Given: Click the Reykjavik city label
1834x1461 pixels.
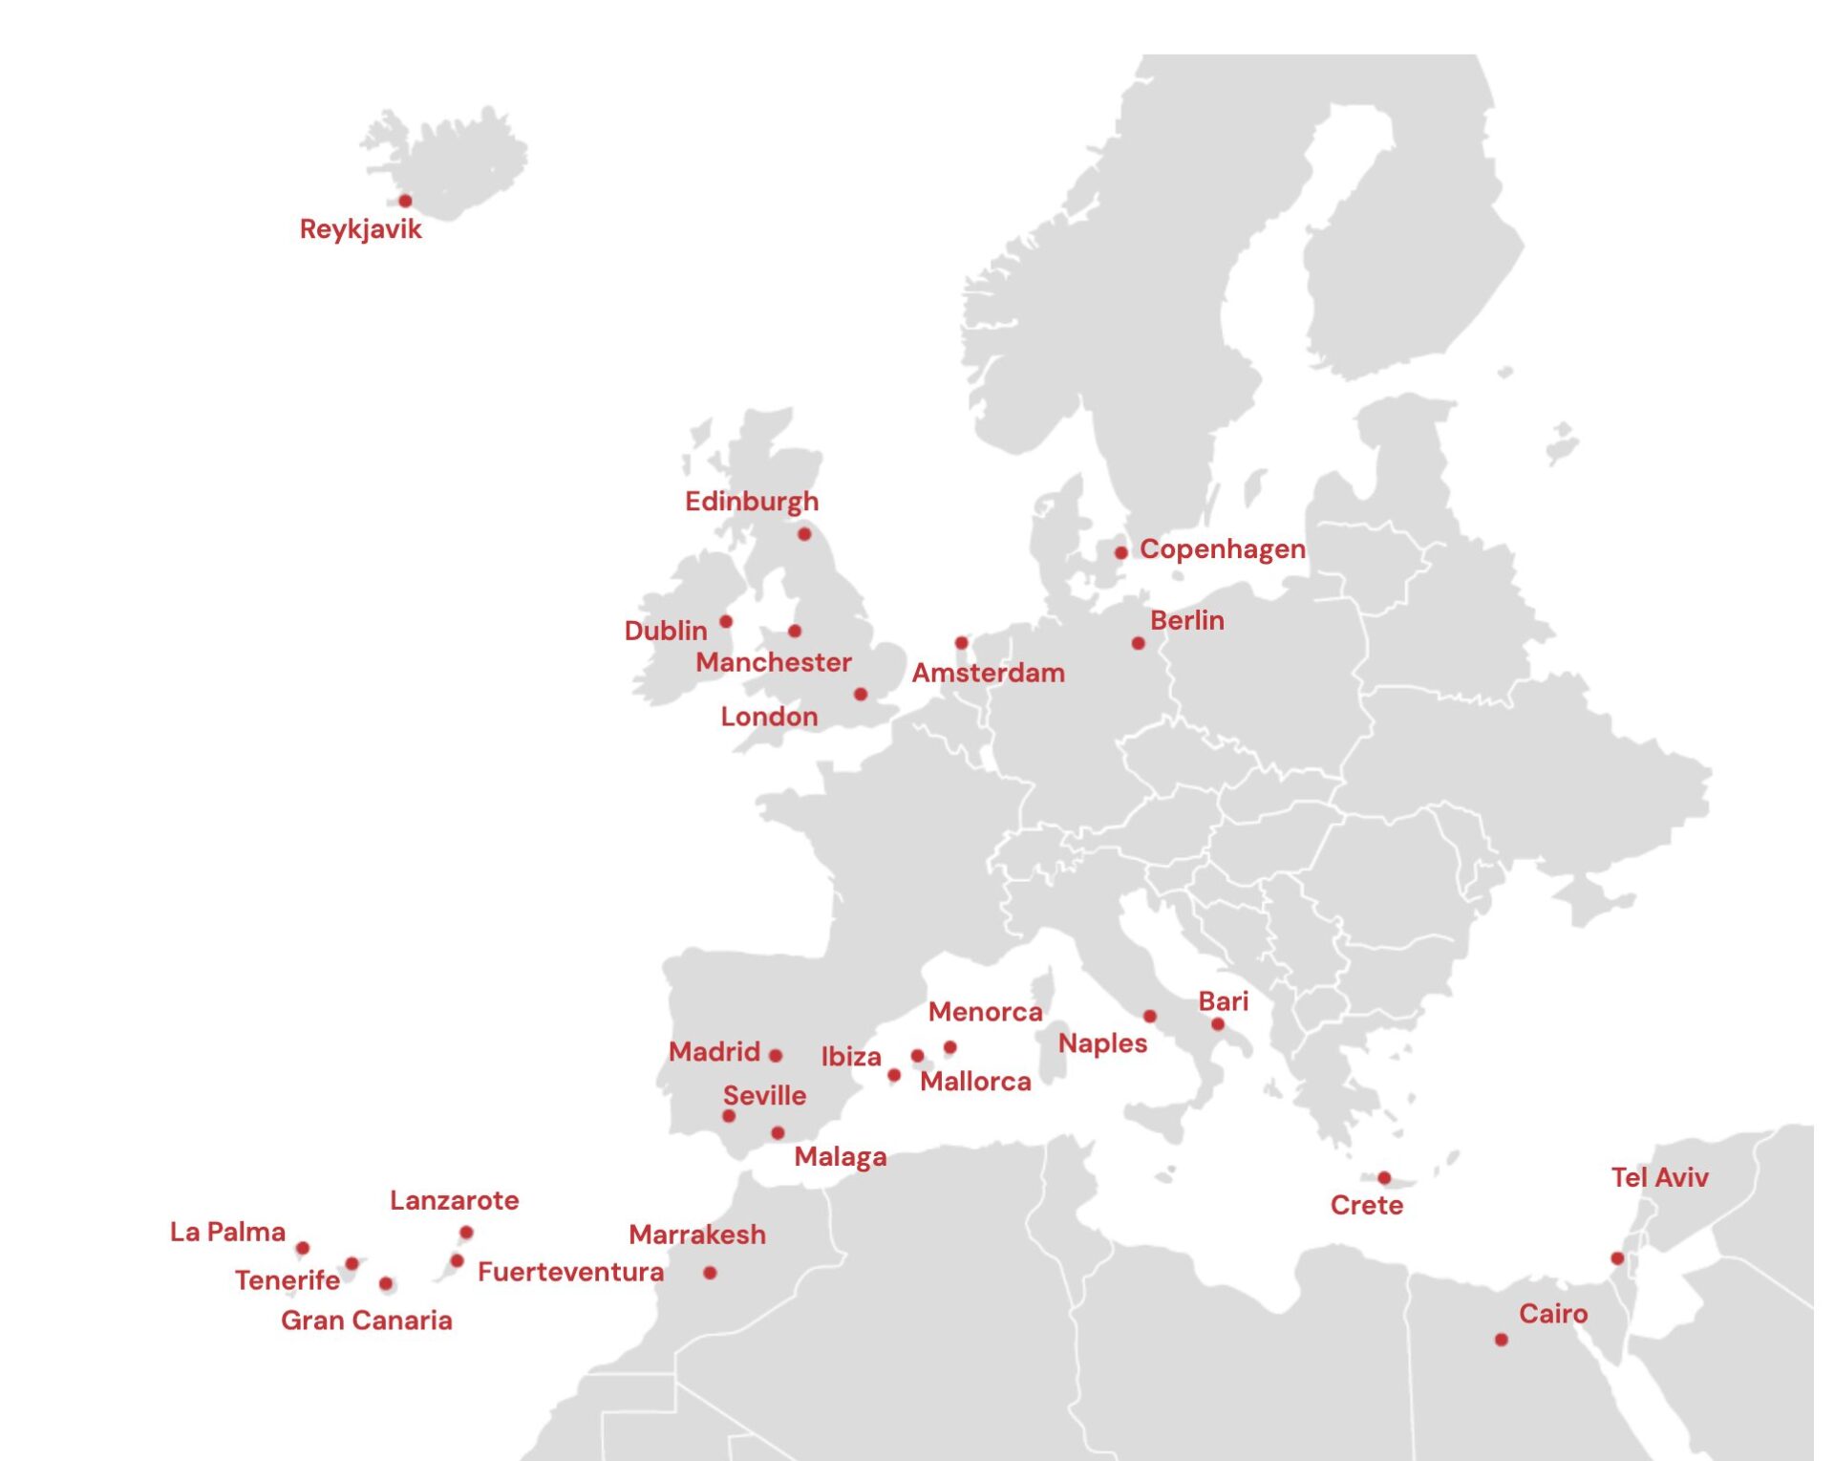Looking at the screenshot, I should tap(360, 229).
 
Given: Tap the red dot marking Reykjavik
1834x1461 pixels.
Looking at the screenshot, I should tap(405, 201).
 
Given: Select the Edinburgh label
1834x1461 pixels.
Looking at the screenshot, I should tap(751, 502).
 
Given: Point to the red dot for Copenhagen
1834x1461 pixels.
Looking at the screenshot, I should tap(1120, 552).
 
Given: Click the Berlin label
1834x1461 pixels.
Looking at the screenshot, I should tap(1186, 620).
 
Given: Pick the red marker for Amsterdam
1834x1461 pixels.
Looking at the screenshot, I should tap(961, 643).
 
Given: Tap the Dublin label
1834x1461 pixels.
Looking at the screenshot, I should tap(665, 631).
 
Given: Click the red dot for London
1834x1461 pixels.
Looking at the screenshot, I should tap(860, 695).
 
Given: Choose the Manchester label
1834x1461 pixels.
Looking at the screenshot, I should tap(773, 662).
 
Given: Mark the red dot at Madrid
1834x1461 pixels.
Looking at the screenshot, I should tap(776, 1056).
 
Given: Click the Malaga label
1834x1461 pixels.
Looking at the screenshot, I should tap(840, 1157).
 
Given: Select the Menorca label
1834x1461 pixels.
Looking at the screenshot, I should tap(985, 1012).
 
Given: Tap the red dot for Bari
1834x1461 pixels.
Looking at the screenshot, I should tap(1217, 1024).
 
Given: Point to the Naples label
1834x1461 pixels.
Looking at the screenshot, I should tap(1102, 1043).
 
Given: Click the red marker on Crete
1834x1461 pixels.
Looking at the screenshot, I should tap(1384, 1178).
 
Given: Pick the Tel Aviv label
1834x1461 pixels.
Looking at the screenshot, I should tap(1659, 1177).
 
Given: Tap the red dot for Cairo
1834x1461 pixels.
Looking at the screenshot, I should tap(1501, 1341).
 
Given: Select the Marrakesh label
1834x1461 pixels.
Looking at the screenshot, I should tap(696, 1235).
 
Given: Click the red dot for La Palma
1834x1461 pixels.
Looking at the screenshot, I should tap(303, 1248).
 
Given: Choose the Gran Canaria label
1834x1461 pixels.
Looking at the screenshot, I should tap(366, 1321).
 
